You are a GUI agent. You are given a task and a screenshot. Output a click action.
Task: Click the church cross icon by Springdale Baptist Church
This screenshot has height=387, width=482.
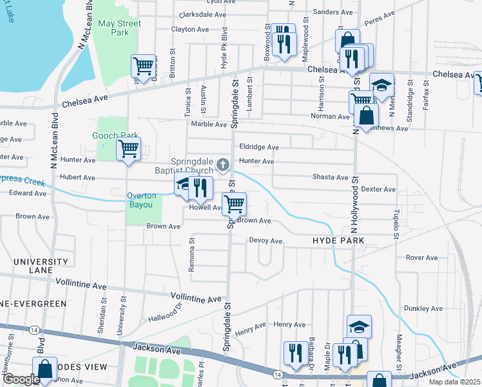[223, 166]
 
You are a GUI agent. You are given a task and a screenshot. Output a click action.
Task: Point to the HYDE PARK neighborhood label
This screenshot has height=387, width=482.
[338, 241]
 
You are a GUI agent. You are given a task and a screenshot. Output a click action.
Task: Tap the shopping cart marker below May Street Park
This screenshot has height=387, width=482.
[142, 65]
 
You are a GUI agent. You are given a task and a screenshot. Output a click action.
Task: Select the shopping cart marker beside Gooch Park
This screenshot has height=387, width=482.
[128, 148]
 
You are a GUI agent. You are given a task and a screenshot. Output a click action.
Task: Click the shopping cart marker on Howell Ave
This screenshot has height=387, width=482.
[235, 204]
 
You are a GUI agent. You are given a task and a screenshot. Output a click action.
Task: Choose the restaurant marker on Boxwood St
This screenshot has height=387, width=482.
[284, 42]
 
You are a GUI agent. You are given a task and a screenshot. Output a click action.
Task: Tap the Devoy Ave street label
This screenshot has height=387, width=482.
[266, 241]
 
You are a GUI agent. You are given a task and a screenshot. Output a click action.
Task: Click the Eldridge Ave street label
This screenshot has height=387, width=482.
[259, 147]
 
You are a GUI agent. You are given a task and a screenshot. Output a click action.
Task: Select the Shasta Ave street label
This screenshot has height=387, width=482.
[330, 177]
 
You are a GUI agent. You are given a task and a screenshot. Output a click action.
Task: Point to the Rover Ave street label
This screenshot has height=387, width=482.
[422, 258]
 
